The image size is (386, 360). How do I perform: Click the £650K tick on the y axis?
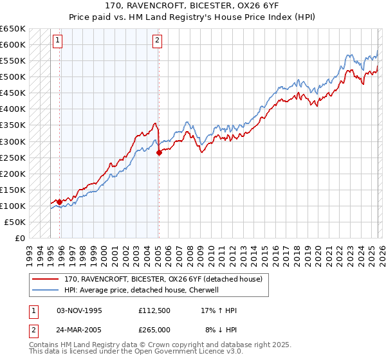point(13,29)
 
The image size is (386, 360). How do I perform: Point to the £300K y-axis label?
point(13,141)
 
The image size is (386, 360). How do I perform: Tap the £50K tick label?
point(15,222)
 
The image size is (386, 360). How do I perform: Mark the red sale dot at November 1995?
point(60,202)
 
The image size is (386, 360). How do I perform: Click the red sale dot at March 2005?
point(159,152)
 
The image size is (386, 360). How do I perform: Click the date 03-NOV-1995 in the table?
point(79,310)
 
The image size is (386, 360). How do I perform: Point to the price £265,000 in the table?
point(154,330)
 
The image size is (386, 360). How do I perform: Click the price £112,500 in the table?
point(154,310)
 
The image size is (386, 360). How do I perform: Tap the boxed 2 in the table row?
point(33,330)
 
